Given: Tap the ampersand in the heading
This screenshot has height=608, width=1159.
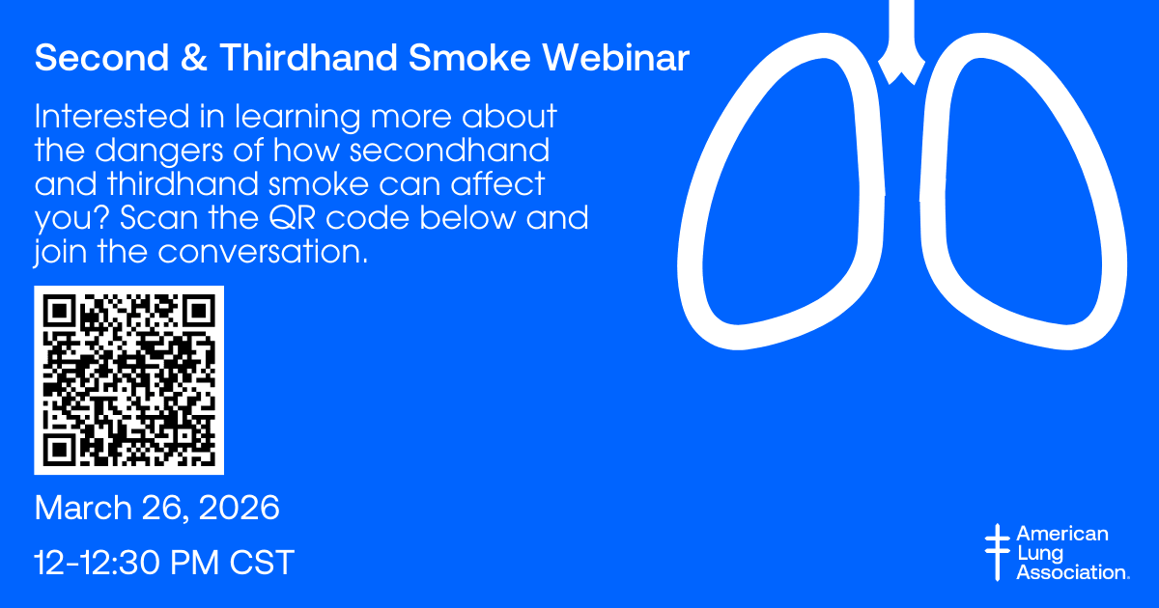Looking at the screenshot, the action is tap(194, 57).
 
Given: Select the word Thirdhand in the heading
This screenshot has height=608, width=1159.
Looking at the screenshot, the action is tap(308, 57).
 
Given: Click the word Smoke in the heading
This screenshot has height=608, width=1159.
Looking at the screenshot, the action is tap(469, 57).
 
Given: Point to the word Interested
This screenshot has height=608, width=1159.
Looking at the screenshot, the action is tap(112, 116).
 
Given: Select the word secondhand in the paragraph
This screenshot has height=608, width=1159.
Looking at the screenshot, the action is tap(450, 150).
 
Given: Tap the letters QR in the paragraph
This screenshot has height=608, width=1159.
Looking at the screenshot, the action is tap(293, 218).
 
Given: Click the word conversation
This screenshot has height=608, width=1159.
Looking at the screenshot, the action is tap(263, 251).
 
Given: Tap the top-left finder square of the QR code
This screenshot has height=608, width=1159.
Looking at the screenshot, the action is tap(60, 311).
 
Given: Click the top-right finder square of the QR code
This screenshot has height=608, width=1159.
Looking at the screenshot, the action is tap(198, 311).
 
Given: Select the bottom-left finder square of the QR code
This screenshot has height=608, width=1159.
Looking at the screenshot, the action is tap(60, 450).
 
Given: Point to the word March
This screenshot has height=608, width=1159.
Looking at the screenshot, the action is tap(83, 508).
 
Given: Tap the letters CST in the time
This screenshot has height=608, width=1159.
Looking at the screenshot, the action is tap(262, 562).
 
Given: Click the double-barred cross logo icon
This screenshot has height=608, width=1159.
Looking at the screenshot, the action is tap(998, 552).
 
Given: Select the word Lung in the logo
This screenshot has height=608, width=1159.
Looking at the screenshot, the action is tap(1040, 553).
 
